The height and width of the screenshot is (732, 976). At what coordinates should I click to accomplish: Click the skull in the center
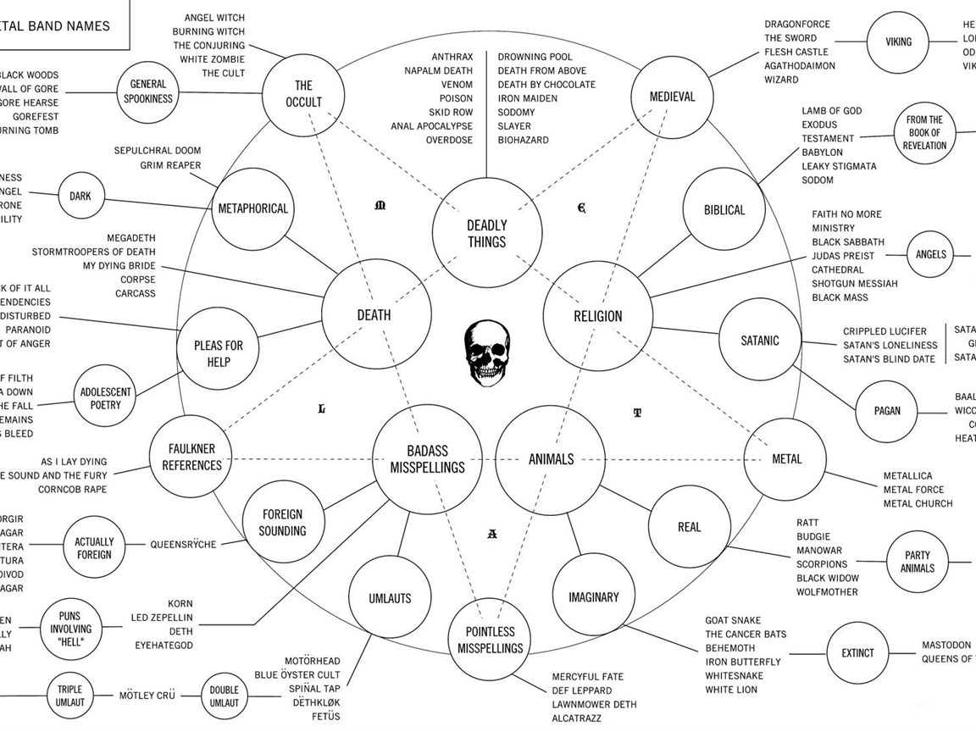tap(485, 354)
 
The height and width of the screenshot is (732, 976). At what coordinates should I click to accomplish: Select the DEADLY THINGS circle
tap(486, 233)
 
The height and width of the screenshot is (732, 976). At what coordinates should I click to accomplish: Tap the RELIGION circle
tap(597, 316)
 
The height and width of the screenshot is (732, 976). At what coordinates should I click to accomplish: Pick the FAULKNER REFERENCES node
tap(191, 457)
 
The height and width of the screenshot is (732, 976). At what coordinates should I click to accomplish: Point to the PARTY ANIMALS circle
tap(918, 561)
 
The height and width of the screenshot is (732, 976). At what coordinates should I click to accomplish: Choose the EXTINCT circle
tap(857, 653)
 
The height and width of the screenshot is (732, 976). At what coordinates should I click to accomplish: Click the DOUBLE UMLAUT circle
tap(224, 696)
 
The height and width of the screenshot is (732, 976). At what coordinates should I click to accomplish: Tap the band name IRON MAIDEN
tap(527, 98)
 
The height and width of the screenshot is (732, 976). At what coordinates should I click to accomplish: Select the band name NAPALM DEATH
tap(438, 70)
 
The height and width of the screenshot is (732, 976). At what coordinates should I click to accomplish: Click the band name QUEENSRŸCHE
tap(183, 544)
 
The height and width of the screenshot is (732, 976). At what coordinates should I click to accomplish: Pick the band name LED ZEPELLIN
tap(162, 618)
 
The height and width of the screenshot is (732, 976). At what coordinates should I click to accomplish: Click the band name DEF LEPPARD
tap(581, 690)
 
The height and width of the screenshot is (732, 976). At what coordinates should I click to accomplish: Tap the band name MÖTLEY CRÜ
tap(147, 696)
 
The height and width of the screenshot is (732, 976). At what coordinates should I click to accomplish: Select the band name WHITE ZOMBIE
tap(212, 59)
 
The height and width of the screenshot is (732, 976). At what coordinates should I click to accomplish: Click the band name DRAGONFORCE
tap(797, 24)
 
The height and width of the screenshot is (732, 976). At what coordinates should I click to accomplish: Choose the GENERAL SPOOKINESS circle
tap(148, 91)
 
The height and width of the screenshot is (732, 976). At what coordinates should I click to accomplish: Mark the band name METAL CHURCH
tap(918, 503)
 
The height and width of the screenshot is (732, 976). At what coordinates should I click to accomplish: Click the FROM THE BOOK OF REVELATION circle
tap(923, 133)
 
